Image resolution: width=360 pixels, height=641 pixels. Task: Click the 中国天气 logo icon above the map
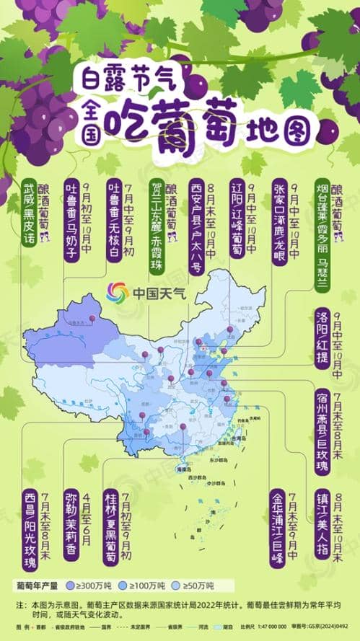point(117,292)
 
